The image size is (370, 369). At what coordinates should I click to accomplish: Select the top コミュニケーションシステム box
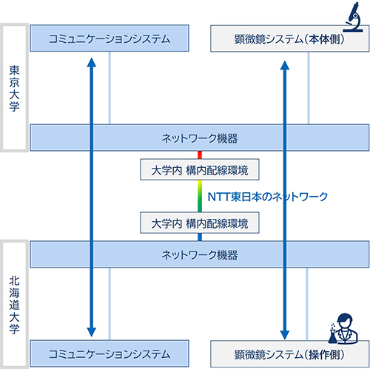click(x=110, y=38)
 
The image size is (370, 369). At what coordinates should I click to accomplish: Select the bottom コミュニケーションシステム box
click(x=110, y=353)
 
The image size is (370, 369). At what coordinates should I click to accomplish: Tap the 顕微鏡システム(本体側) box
click(x=289, y=38)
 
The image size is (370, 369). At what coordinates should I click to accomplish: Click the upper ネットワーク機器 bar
click(x=200, y=138)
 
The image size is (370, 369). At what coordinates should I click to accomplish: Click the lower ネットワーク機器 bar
click(x=200, y=255)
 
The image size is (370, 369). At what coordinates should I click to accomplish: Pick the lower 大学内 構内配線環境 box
click(x=199, y=221)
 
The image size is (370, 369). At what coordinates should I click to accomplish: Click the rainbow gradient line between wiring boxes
click(x=199, y=197)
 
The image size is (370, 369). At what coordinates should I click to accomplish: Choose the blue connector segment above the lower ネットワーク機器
click(x=199, y=237)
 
